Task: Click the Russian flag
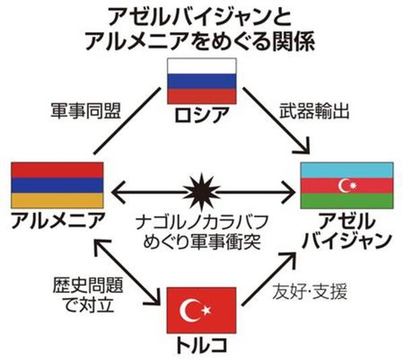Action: tap(202, 81)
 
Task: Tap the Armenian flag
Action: tap(57, 185)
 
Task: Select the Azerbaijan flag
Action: tap(347, 186)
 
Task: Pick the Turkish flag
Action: tap(201, 310)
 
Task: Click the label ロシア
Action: tap(202, 115)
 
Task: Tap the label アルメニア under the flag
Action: tap(57, 220)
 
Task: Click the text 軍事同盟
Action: tap(86, 111)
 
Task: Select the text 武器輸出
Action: tap(314, 111)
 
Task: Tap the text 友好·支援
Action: tap(309, 291)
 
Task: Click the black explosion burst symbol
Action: tap(201, 192)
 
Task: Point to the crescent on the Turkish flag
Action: tap(189, 310)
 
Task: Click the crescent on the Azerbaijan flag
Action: tap(343, 186)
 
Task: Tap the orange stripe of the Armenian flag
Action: tap(57, 200)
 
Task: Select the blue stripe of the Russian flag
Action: tap(202, 81)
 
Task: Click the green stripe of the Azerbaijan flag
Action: tap(347, 201)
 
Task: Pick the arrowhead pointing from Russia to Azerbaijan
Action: tap(303, 147)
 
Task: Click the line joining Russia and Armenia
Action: tap(127, 121)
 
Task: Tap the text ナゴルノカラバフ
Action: tap(201, 222)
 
